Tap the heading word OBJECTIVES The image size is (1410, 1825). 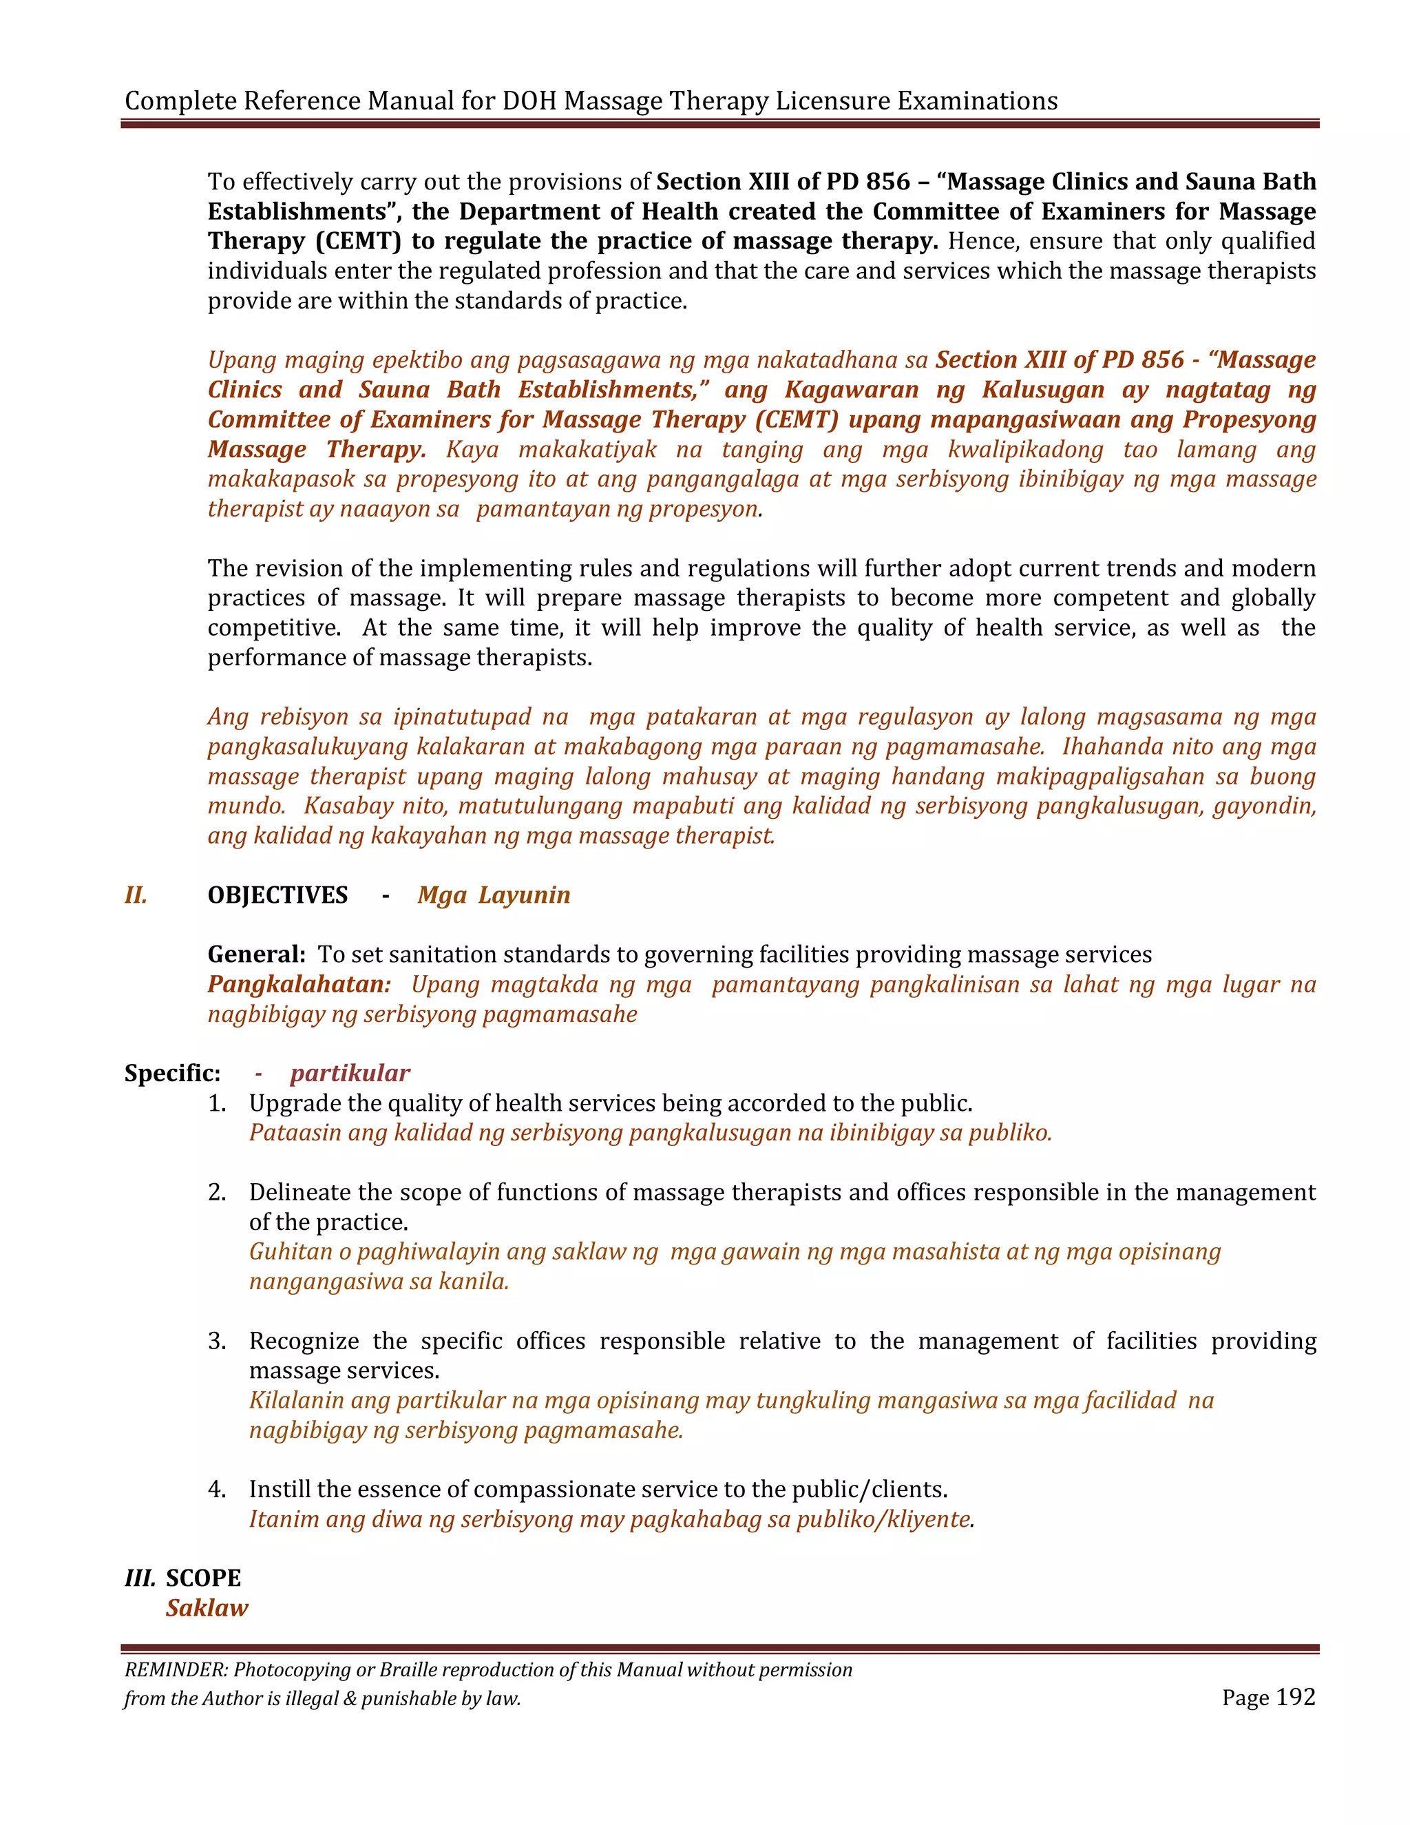click(x=277, y=895)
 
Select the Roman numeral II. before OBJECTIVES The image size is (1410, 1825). click(x=136, y=895)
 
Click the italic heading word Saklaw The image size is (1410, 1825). click(x=207, y=1608)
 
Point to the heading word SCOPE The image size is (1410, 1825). click(x=203, y=1578)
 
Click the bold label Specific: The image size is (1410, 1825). click(x=172, y=1073)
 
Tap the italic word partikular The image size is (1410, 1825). click(x=350, y=1073)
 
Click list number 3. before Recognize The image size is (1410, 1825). click(x=217, y=1341)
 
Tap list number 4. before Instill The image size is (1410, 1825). click(x=217, y=1489)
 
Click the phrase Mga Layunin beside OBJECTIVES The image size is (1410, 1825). click(x=494, y=895)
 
